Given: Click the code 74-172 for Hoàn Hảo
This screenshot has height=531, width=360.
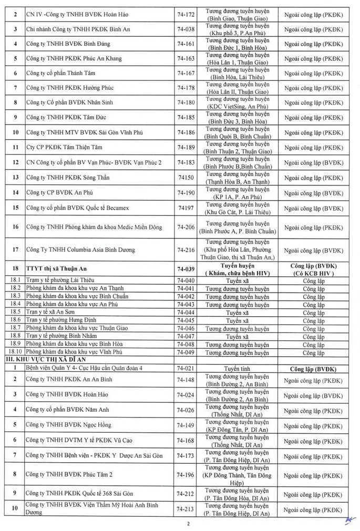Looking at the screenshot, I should coord(186,15).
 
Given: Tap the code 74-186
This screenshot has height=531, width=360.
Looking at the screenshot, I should coord(186,132).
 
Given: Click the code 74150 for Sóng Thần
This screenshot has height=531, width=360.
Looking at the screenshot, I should coord(186,178).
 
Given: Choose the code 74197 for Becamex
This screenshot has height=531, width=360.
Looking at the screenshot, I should coord(186,208).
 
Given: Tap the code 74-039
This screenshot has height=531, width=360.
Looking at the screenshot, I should coord(186,268).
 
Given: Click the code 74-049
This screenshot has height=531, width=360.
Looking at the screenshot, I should coord(186,352).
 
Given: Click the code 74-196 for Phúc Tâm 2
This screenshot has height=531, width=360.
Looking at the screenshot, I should coord(186,475).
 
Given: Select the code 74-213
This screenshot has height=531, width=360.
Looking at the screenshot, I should coord(186,508).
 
